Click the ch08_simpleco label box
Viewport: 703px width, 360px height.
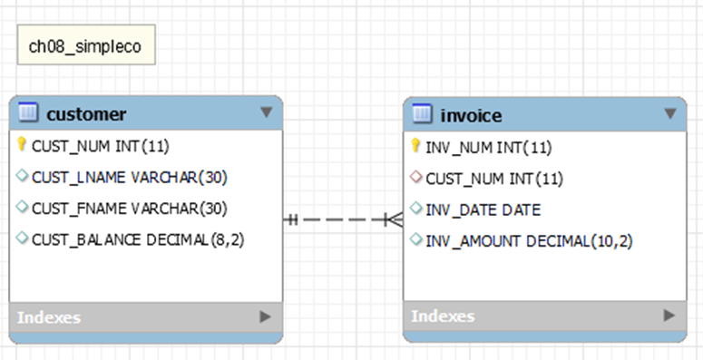85,45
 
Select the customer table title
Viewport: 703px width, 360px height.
86,113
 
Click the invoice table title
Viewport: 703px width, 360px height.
471,115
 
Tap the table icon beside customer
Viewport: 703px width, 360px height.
28,112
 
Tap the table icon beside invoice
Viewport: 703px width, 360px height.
422,114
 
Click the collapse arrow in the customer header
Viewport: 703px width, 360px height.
266,112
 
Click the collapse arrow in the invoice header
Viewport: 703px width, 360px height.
669,114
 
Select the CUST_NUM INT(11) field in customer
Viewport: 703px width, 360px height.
100,145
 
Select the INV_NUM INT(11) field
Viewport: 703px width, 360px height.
488,147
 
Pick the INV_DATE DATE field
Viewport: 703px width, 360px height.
483,209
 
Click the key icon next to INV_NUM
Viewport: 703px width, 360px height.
415,146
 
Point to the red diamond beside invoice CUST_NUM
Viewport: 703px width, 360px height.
415,178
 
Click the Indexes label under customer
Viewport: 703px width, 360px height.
48,317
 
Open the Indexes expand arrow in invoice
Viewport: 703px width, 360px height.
669,316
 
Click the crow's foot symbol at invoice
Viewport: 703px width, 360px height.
394,219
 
